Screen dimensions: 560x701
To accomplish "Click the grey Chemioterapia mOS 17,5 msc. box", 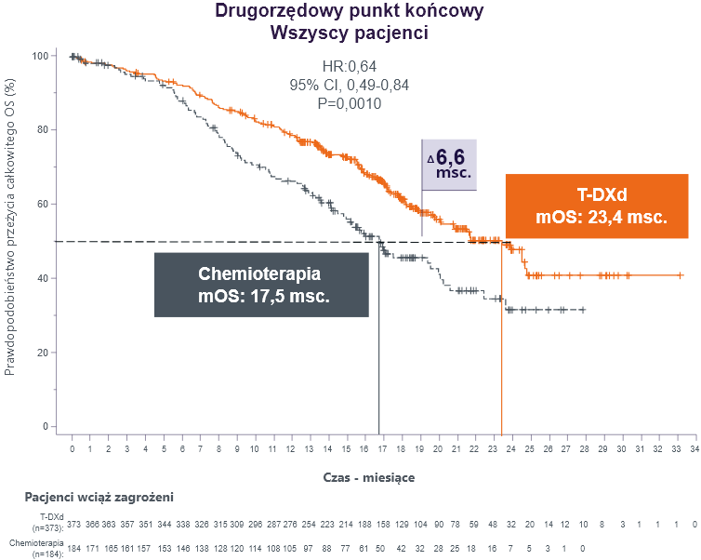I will tap(260, 285).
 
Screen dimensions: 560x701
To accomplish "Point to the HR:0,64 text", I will tap(349, 65).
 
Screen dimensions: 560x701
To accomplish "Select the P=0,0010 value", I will tap(349, 103).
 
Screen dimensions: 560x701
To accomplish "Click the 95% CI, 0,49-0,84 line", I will tap(349, 85).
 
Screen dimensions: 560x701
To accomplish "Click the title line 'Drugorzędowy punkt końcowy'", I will tap(349, 12).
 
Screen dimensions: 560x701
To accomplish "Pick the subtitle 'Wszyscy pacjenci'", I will tap(349, 33).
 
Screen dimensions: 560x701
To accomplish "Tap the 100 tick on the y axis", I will tap(40, 56).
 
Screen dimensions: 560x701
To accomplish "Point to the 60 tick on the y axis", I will tap(42, 204).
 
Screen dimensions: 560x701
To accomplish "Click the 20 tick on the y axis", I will tap(42, 353).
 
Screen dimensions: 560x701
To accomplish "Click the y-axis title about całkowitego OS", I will tap(11, 228).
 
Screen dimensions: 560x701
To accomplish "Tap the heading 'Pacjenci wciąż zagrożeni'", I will tap(99, 499).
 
